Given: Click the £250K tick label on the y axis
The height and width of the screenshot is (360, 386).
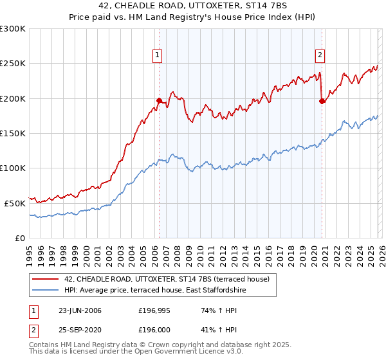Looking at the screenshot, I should [x=13, y=64].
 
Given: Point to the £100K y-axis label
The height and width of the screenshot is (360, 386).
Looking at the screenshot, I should [x=13, y=168].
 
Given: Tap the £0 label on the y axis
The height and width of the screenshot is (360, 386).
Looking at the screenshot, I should [x=19, y=238].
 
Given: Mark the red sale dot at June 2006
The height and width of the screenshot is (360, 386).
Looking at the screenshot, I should [x=159, y=100].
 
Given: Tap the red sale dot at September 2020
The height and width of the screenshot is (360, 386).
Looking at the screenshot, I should [x=322, y=101].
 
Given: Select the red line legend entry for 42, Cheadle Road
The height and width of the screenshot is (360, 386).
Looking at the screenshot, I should [x=170, y=279].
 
